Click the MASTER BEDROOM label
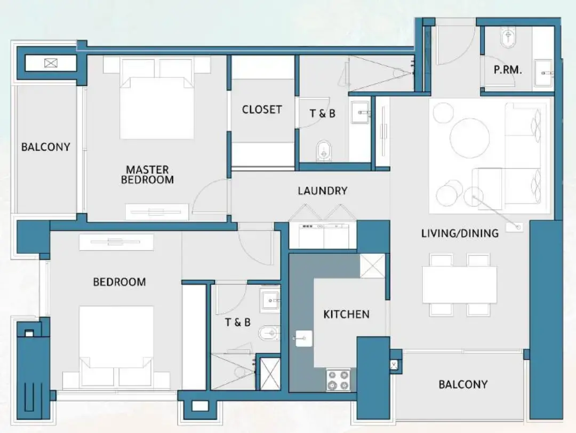click(x=147, y=175)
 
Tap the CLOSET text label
click(x=261, y=109)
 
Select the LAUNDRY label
click(x=323, y=191)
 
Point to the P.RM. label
click(x=507, y=69)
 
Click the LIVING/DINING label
click(x=460, y=233)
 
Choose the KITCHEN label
click(x=346, y=314)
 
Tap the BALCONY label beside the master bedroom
click(x=45, y=147)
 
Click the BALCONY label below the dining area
click(x=463, y=384)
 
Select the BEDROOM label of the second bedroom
click(x=119, y=282)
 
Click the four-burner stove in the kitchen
click(x=338, y=380)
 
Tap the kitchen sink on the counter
click(x=303, y=338)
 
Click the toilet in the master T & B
click(x=324, y=151)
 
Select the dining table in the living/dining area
click(x=459, y=284)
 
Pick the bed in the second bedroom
click(x=116, y=341)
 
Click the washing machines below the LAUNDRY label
click(x=323, y=235)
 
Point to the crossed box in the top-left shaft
click(x=50, y=63)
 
